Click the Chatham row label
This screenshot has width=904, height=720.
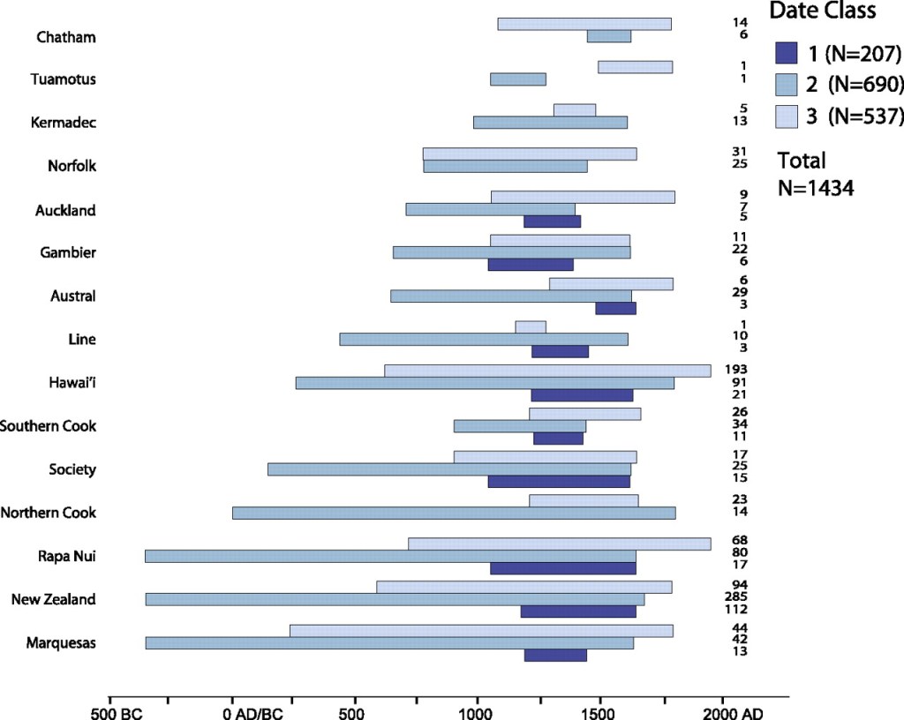tap(66, 37)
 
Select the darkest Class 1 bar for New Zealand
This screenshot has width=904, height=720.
tap(577, 611)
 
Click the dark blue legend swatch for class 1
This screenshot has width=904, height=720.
tap(787, 55)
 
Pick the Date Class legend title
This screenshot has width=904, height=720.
tap(822, 11)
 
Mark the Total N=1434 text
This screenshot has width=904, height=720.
tap(815, 174)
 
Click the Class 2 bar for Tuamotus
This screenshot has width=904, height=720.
tap(518, 79)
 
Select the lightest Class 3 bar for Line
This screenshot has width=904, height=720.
tap(531, 327)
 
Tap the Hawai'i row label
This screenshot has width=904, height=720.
tap(72, 383)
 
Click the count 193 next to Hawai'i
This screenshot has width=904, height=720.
tap(740, 368)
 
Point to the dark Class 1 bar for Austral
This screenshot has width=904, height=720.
tap(615, 309)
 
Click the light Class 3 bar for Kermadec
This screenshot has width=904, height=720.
tap(575, 110)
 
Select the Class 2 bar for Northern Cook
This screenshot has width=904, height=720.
tap(454, 513)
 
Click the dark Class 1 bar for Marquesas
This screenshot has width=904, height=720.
tap(555, 656)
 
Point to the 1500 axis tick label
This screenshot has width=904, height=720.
tap(599, 711)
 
